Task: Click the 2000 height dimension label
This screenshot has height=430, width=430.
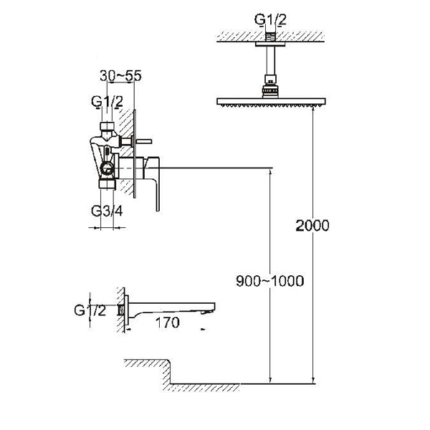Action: (312, 226)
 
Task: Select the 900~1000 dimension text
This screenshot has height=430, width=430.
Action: (270, 281)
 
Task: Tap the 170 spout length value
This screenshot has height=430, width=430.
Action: (167, 322)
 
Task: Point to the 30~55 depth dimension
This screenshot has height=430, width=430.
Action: (120, 76)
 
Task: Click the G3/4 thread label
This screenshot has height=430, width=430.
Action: (107, 211)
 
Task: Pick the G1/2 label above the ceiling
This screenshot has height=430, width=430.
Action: (270, 19)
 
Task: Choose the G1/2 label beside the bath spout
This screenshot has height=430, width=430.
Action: (90, 310)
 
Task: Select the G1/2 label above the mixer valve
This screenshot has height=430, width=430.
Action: (107, 102)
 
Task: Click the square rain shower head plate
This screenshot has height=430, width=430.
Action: (271, 101)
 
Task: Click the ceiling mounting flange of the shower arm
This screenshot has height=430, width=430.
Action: (271, 44)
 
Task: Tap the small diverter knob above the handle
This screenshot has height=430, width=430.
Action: (143, 141)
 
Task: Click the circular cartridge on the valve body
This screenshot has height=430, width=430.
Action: (107, 168)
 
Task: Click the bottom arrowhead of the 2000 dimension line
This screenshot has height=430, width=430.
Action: (313, 380)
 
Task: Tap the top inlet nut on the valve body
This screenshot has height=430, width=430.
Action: (107, 126)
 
